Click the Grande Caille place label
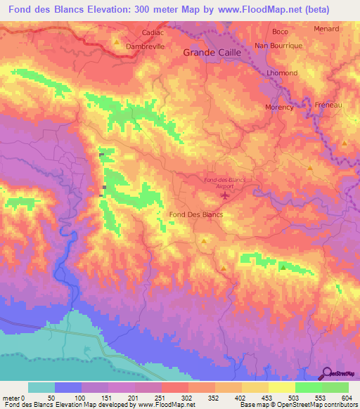click(x=212, y=53)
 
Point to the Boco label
click(x=280, y=32)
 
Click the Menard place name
click(x=327, y=30)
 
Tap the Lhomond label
click(x=283, y=73)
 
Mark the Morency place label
click(x=278, y=107)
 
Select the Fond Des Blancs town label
click(x=196, y=214)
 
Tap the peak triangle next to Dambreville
click(x=117, y=42)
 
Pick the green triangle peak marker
click(x=283, y=267)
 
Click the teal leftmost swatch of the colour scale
click(x=41, y=387)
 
